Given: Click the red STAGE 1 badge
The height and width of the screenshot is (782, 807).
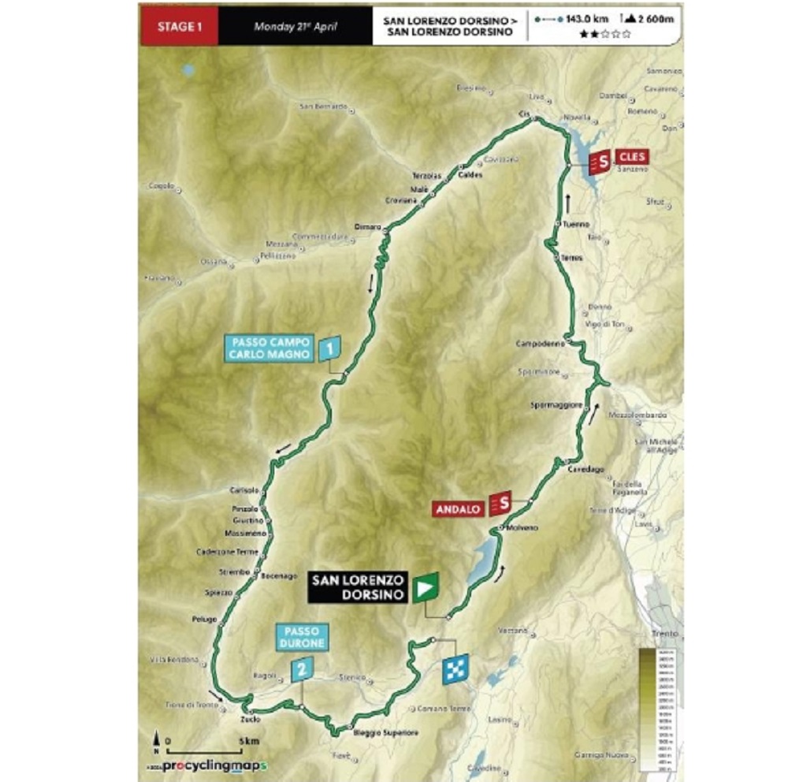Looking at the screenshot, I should click(x=179, y=26).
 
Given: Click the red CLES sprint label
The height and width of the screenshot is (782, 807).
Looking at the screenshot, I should click(x=632, y=157).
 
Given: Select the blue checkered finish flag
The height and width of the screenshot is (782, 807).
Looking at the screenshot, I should click(x=456, y=667).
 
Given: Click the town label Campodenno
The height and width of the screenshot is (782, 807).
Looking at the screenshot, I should click(x=537, y=344).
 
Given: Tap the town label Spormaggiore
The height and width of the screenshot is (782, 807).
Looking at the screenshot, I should click(x=558, y=405).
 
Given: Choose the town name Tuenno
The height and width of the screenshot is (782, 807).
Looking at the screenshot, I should click(x=577, y=225).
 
